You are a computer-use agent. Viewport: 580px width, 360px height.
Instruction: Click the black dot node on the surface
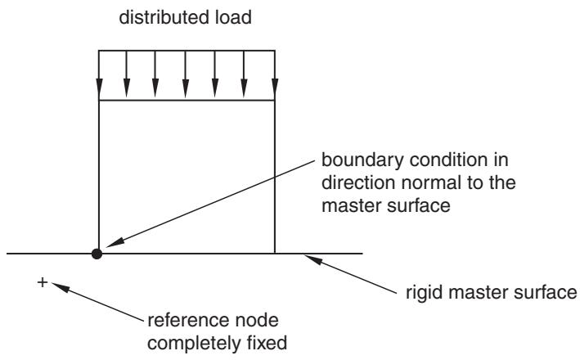[x=97, y=254]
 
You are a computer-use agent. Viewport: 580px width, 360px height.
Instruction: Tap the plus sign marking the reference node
[x=43, y=282]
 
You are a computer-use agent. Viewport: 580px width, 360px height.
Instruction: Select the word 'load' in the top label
[x=233, y=17]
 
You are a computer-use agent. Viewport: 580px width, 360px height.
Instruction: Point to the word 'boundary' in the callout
[x=362, y=160]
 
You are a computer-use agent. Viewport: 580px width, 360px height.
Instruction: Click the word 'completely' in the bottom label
[x=195, y=344]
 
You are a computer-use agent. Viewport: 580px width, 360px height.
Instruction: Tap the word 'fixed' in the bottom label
[x=268, y=343]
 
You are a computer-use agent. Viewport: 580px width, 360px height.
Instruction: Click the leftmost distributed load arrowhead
[x=99, y=88]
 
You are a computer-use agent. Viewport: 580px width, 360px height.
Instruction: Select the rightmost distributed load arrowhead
[x=275, y=88]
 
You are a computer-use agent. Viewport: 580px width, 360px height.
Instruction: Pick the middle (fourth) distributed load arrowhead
[x=186, y=88]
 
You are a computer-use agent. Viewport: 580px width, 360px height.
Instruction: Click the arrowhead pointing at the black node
[x=115, y=242]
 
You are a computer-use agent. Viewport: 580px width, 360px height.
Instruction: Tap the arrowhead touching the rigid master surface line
[x=313, y=259]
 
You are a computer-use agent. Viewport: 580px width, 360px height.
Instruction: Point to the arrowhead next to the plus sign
[x=61, y=287]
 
